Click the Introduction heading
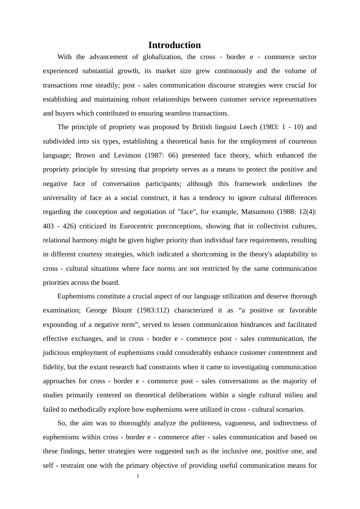174,45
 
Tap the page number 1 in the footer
138,476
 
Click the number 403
49,226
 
